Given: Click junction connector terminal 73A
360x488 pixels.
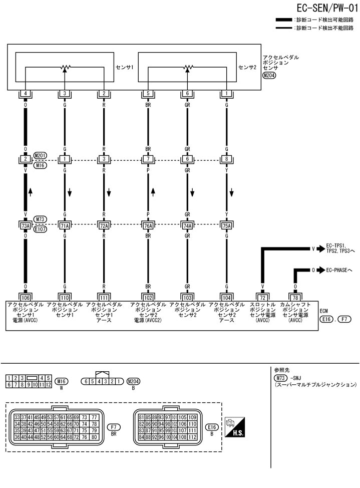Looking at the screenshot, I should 25,225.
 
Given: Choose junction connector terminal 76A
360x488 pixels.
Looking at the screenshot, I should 148,225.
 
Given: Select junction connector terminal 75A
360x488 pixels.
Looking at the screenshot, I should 227,225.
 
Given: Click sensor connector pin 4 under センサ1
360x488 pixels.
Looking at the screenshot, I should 25,93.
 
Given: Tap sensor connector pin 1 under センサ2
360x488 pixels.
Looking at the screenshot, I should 227,93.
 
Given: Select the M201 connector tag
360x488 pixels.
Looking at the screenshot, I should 40,156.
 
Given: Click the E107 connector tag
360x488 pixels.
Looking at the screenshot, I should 40,229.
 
